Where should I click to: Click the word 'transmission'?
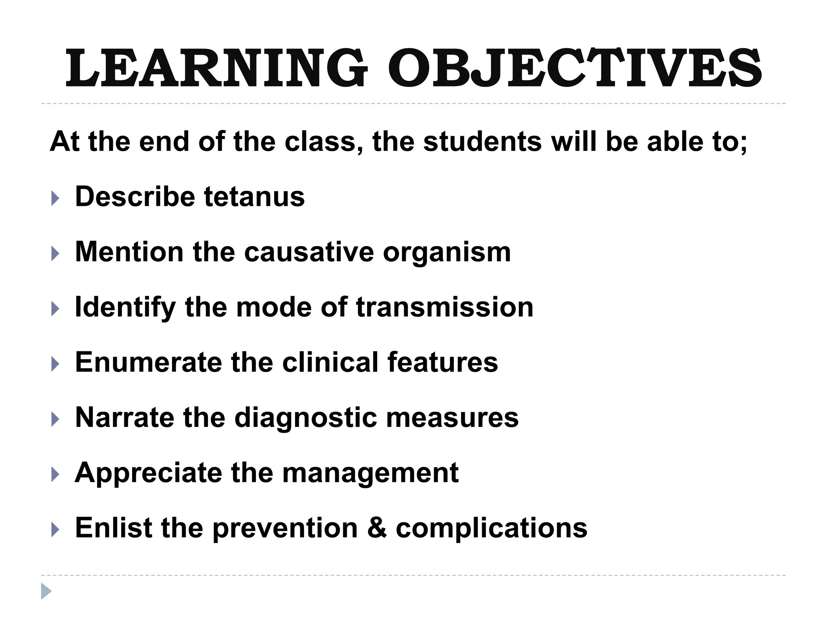click(x=445, y=307)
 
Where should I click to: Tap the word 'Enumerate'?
click(x=148, y=362)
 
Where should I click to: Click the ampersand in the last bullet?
click(x=377, y=528)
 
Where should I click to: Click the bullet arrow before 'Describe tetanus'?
click(x=55, y=199)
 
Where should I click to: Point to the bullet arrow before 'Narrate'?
click(x=55, y=419)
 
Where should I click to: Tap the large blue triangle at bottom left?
click(x=46, y=591)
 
